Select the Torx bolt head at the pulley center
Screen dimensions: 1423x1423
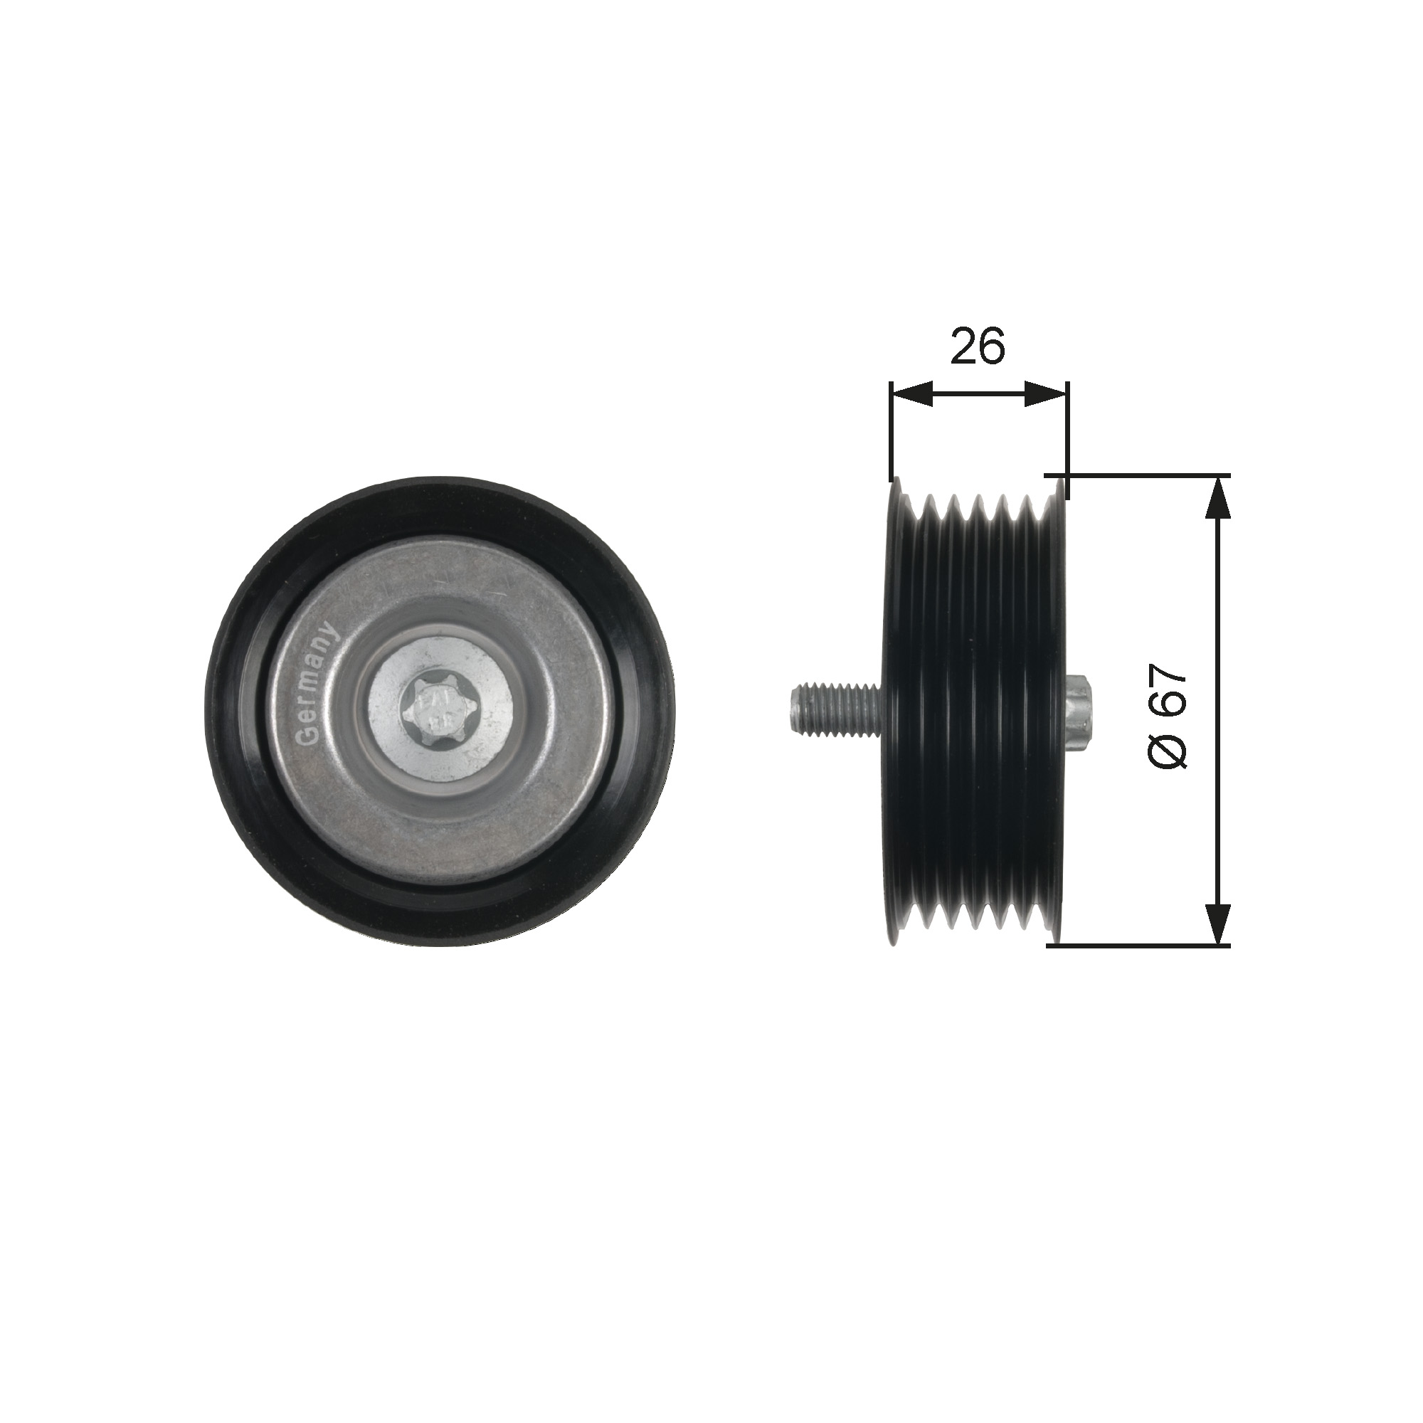[439, 711]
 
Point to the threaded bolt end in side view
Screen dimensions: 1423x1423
[835, 708]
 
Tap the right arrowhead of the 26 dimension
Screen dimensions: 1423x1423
[1046, 395]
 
